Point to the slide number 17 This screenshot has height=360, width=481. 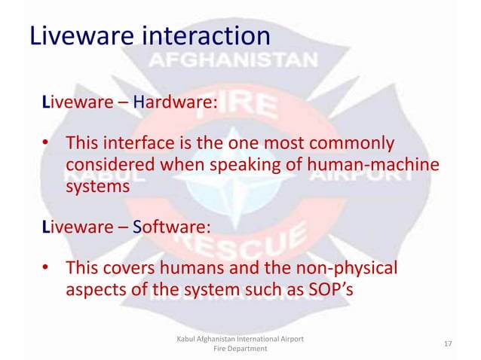(448, 344)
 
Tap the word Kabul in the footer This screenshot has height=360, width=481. (186, 339)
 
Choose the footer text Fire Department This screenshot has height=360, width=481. (239, 350)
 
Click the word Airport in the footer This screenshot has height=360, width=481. (289, 339)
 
